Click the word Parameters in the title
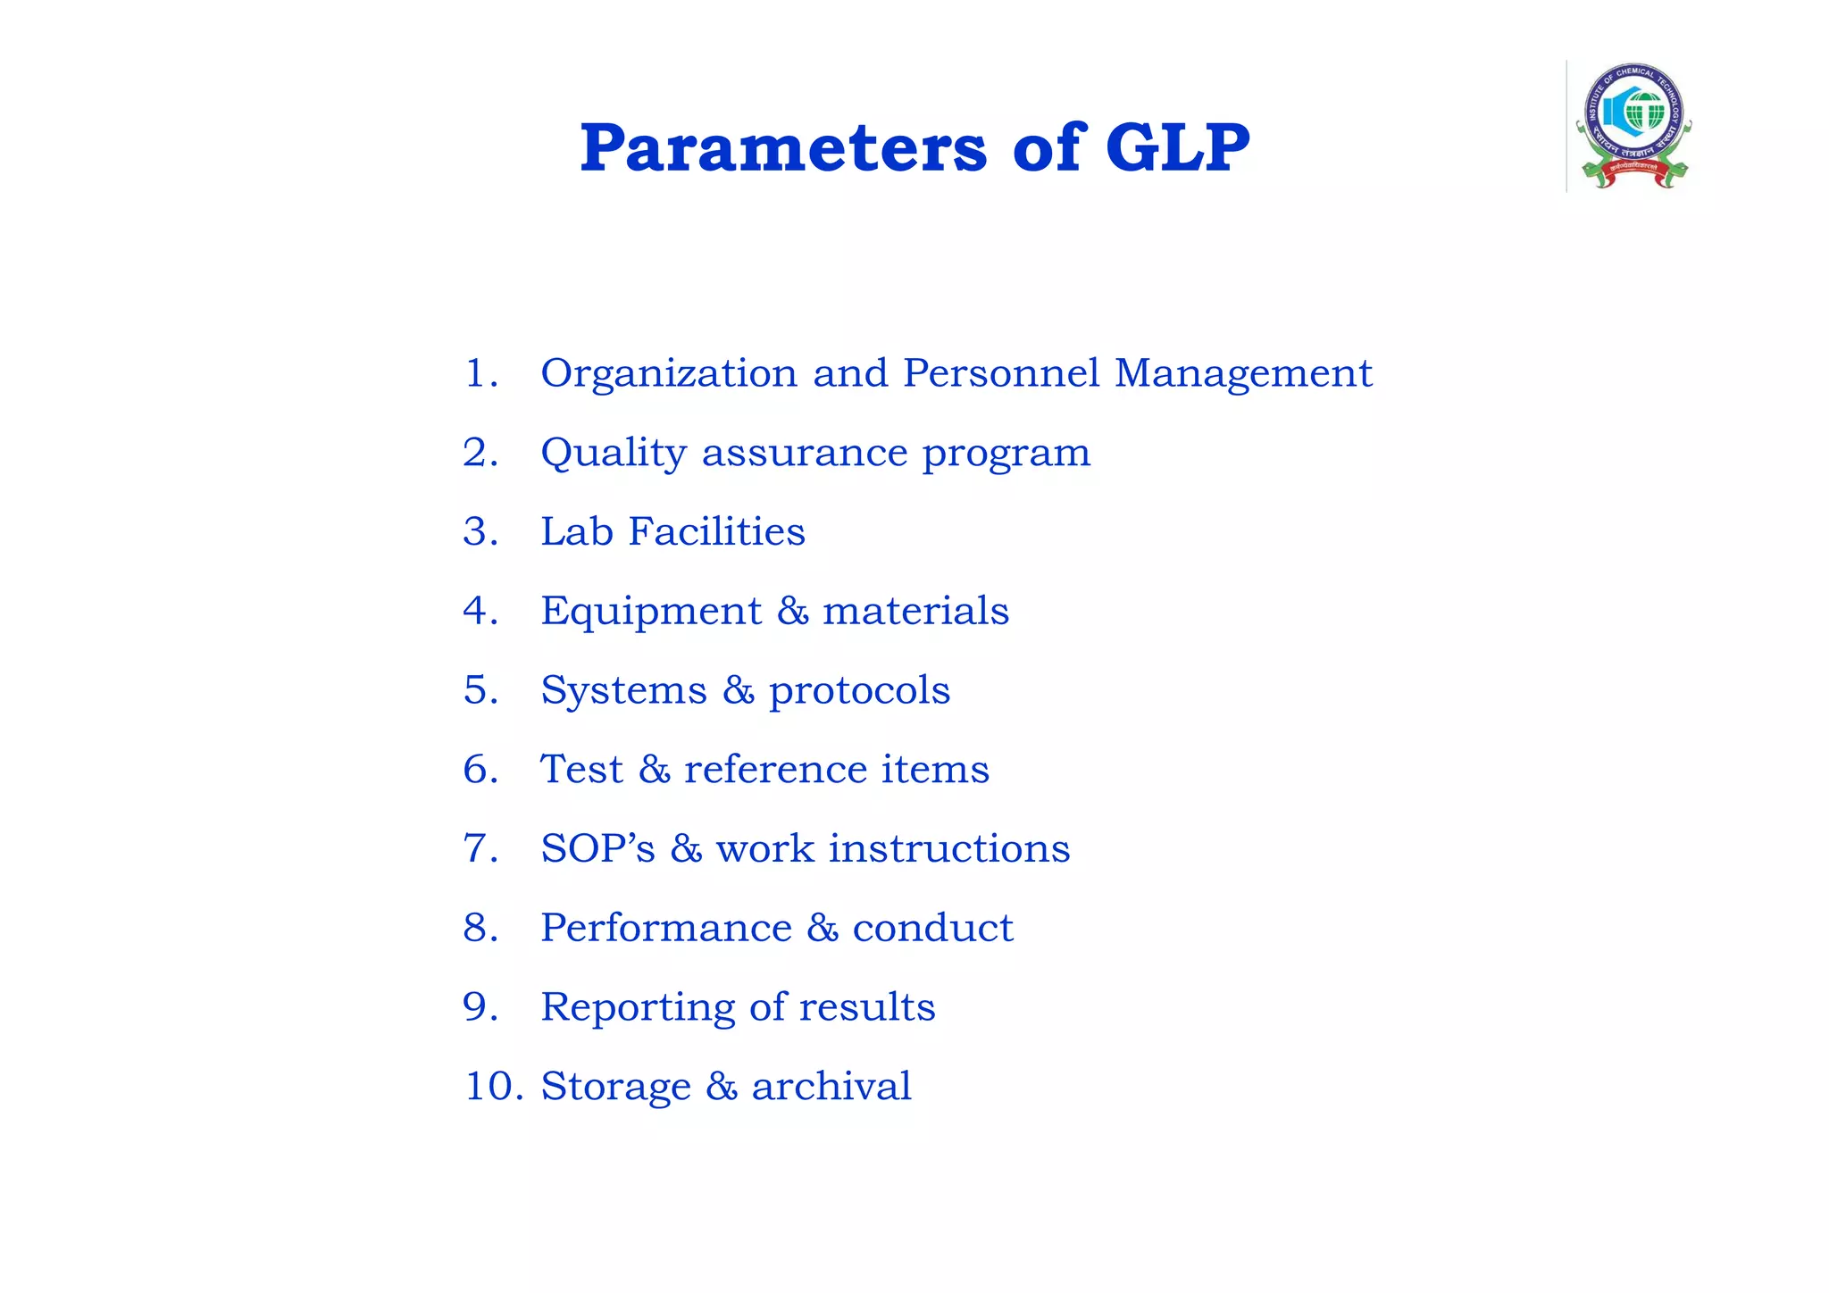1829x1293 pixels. [783, 148]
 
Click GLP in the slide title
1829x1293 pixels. [1177, 148]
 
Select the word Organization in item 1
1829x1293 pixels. [669, 373]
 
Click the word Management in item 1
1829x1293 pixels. [1243, 373]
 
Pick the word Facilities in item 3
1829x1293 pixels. [716, 531]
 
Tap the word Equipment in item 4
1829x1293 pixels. [651, 612]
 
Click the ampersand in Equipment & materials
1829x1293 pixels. [792, 612]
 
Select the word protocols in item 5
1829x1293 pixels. [859, 691]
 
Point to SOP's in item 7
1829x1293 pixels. [597, 848]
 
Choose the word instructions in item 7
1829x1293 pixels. [948, 848]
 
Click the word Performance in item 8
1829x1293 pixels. [665, 928]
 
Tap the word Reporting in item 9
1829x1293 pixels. [637, 1008]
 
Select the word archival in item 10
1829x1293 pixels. [831, 1087]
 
